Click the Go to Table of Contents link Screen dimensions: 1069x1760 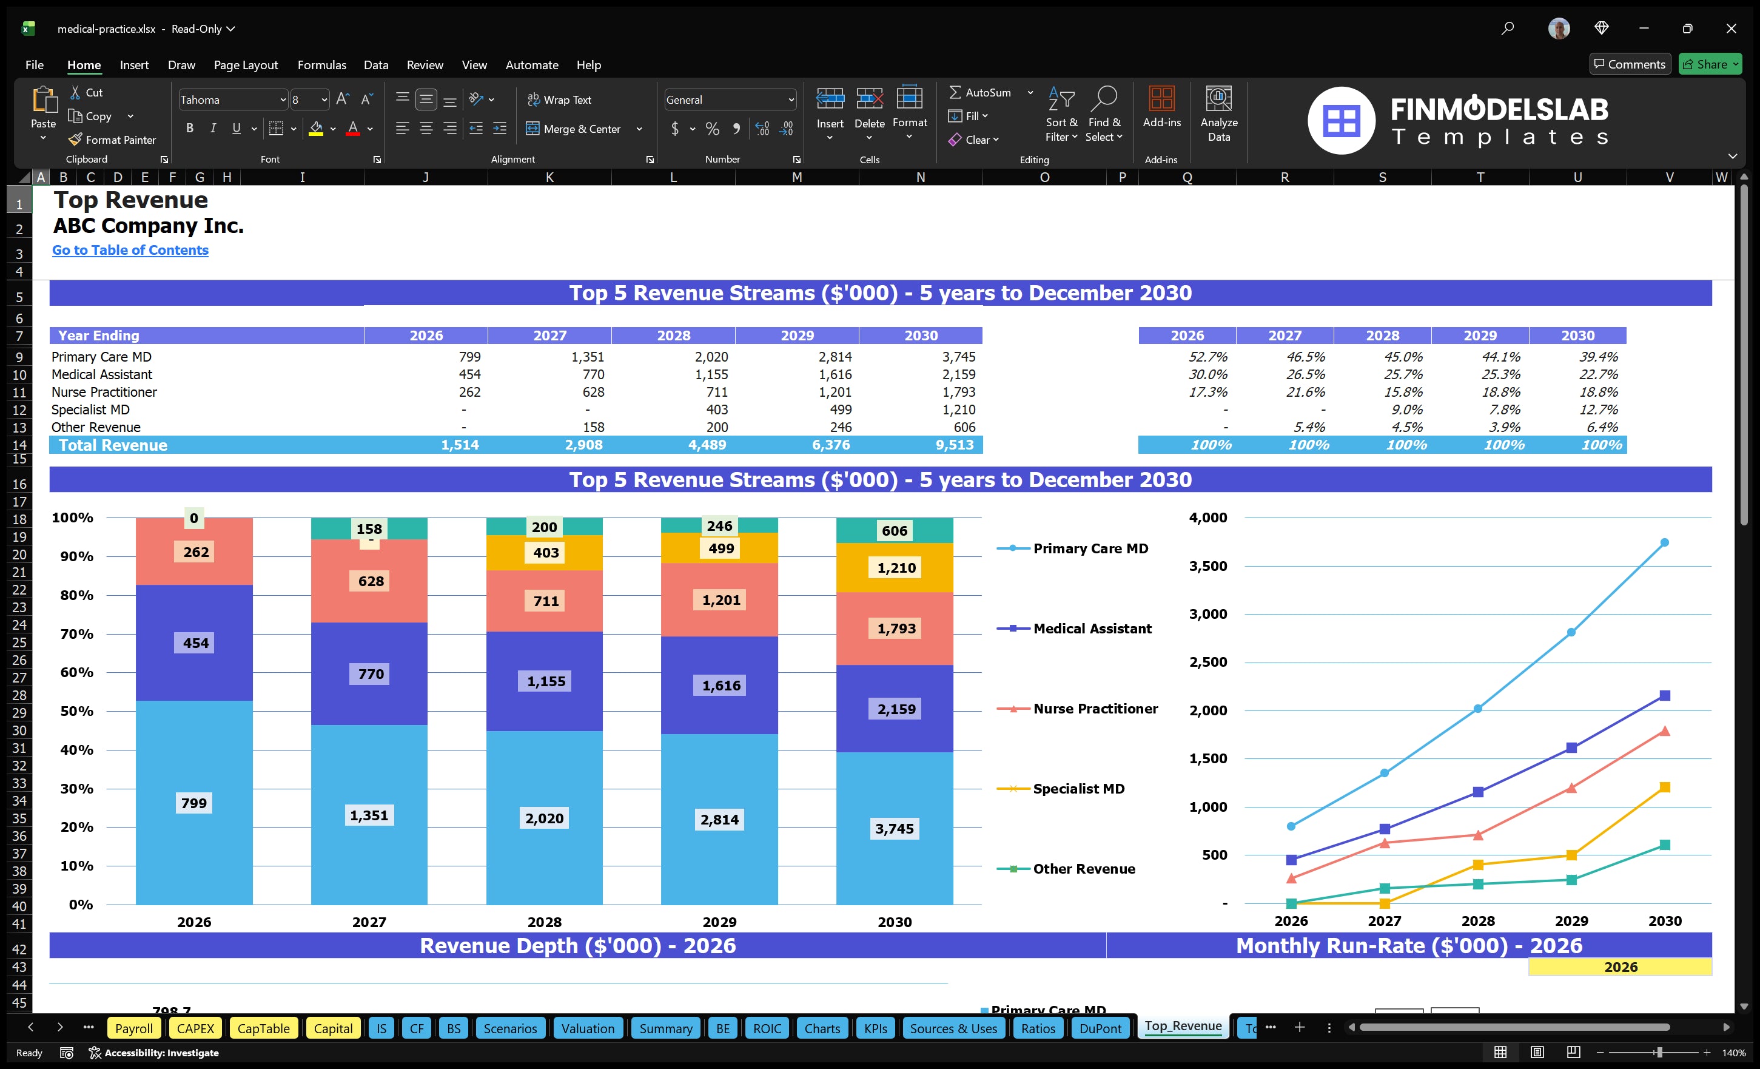130,250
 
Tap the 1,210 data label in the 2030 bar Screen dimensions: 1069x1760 896,568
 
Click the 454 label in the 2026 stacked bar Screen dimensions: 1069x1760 196,642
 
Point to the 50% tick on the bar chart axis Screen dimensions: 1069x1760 76,711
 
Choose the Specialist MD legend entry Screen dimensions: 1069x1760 1078,788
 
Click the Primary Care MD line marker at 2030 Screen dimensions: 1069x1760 1664,542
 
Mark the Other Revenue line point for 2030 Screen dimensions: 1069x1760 1664,845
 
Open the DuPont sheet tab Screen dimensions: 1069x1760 1100,1028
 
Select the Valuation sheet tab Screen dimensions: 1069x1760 587,1028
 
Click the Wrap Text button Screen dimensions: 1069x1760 559,99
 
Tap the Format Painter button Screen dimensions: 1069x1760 112,140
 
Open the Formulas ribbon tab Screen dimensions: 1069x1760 321,65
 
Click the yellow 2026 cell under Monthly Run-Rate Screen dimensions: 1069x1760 1619,967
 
